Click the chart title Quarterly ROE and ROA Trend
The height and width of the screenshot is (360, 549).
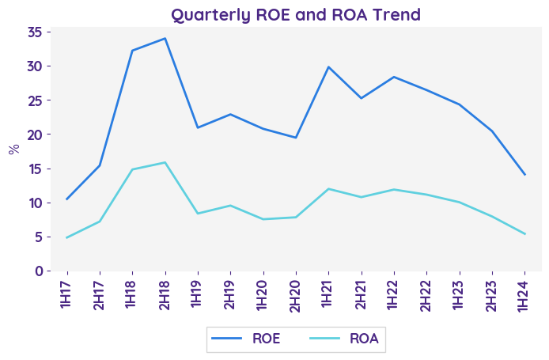click(x=296, y=14)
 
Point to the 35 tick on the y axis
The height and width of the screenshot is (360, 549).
click(x=35, y=32)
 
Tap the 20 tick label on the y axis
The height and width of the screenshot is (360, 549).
click(x=35, y=135)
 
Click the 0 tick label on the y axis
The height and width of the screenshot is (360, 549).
click(x=39, y=271)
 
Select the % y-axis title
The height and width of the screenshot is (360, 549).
click(x=13, y=149)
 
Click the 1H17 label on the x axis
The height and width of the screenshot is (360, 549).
click(x=66, y=293)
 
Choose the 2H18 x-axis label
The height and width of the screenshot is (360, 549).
click(x=165, y=293)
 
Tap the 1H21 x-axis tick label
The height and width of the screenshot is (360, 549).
click(x=328, y=293)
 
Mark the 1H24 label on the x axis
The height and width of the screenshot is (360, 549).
click(x=524, y=293)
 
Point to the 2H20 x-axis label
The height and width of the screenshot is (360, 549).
click(x=295, y=293)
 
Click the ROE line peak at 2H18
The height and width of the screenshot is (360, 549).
click(x=165, y=38)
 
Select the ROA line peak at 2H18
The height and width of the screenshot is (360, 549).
click(x=165, y=162)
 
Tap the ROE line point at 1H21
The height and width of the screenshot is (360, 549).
click(x=328, y=67)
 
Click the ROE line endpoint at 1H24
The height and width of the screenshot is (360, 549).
click(x=524, y=174)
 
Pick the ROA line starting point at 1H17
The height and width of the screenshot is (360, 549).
click(x=66, y=237)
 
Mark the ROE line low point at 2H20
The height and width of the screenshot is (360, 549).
click(x=295, y=138)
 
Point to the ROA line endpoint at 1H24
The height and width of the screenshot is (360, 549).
click(x=524, y=233)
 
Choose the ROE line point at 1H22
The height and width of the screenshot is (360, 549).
click(x=393, y=77)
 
